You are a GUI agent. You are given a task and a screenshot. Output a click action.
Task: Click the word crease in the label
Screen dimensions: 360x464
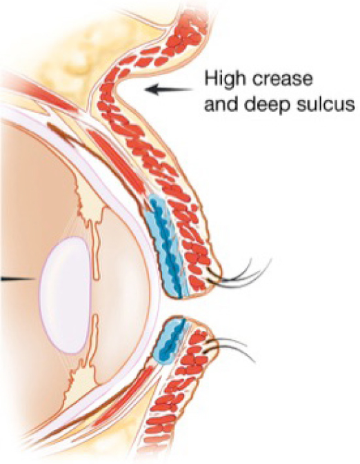[286, 80]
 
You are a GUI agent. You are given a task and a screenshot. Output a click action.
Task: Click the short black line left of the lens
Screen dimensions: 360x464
[19, 279]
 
